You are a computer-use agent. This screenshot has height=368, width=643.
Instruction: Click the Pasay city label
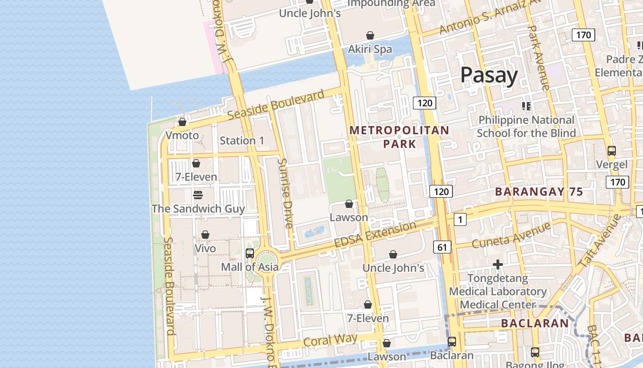click(489, 75)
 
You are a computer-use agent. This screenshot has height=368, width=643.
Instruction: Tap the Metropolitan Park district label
click(399, 137)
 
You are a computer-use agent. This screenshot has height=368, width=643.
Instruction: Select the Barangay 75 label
click(539, 192)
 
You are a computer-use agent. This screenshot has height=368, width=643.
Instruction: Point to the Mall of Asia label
click(249, 267)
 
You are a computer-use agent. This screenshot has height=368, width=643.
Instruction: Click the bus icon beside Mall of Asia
click(249, 253)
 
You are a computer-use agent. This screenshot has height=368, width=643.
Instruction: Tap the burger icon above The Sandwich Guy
click(198, 195)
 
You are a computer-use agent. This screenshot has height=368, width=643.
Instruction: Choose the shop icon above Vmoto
click(182, 122)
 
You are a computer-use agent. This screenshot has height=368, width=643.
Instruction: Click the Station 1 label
click(242, 141)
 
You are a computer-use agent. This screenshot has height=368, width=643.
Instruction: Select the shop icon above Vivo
click(205, 235)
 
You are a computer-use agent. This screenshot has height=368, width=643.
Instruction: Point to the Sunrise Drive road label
click(285, 193)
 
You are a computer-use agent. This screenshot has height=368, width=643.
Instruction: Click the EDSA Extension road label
click(375, 234)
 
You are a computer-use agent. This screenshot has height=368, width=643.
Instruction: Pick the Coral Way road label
click(330, 341)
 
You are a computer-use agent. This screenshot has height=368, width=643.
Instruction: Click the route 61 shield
click(442, 247)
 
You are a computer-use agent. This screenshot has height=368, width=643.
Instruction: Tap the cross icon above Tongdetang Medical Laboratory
click(498, 264)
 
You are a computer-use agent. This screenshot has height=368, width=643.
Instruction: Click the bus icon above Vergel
click(611, 150)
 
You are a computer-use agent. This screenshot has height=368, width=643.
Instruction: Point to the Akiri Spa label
click(370, 49)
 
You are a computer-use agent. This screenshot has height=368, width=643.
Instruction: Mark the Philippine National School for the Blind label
click(526, 126)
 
